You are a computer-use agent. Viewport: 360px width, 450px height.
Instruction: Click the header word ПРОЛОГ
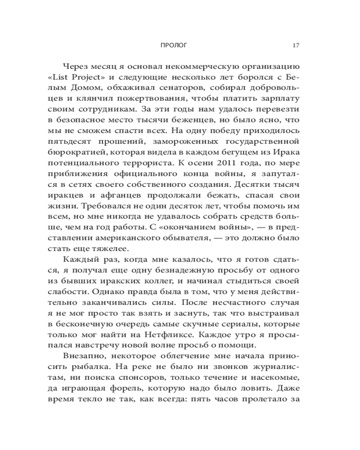click(173, 45)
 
